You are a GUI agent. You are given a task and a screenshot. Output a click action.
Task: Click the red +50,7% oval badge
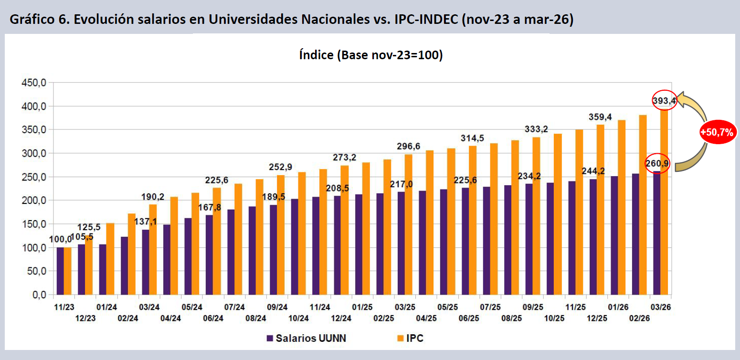point(717,132)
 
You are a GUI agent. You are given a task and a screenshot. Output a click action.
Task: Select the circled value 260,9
point(657,163)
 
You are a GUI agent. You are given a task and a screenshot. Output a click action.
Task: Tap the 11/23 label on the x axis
point(64,307)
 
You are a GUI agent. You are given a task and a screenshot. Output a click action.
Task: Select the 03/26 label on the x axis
point(660,307)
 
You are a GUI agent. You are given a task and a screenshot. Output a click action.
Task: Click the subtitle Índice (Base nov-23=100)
point(371,55)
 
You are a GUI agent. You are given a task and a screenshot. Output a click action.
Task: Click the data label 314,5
point(473,138)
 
